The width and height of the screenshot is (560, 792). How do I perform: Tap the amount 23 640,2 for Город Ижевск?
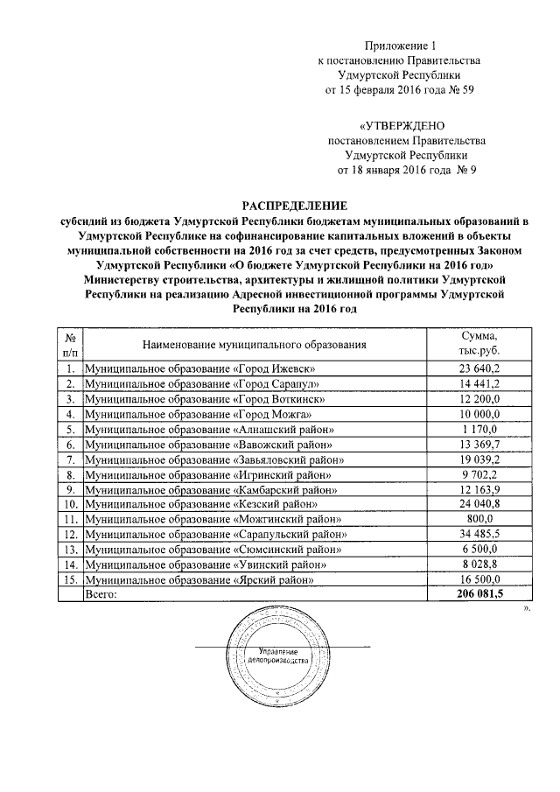click(479, 368)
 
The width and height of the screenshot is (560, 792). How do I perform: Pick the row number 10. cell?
click(69, 504)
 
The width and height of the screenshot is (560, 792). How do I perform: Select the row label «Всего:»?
click(100, 594)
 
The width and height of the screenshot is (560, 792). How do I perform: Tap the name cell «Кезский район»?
click(200, 504)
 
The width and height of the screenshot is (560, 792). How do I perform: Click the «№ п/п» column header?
click(69, 345)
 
